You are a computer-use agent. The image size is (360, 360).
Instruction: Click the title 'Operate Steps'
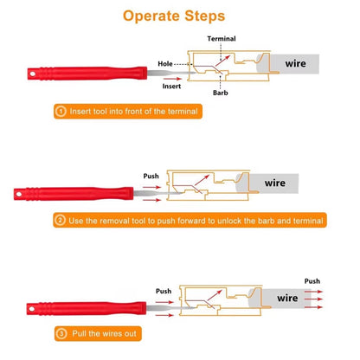point(180,15)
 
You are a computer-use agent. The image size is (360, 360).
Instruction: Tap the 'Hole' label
point(165,62)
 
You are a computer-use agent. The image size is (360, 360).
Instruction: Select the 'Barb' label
point(222,93)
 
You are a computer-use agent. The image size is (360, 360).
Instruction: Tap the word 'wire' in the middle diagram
point(274,183)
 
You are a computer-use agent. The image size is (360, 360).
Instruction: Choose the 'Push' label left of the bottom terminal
point(163,292)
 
